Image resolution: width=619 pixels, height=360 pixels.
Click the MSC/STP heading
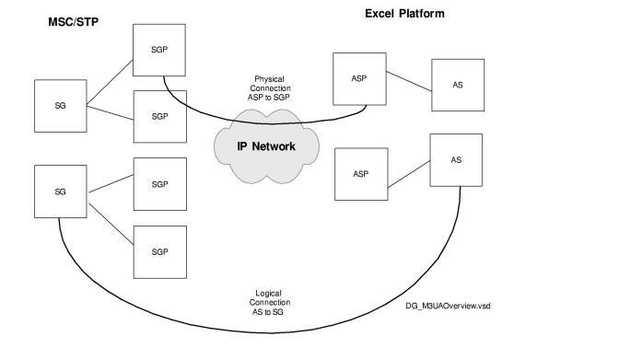click(75, 21)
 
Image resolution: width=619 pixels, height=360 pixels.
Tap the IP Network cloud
click(266, 146)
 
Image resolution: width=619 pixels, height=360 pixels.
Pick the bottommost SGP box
click(160, 250)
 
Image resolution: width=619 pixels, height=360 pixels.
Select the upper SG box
click(60, 105)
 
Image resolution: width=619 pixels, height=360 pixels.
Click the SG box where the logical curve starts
click(60, 192)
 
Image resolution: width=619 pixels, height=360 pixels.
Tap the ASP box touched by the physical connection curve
click(359, 78)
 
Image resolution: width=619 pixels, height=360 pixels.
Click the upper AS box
click(458, 86)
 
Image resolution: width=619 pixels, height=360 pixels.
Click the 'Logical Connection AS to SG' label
click(270, 302)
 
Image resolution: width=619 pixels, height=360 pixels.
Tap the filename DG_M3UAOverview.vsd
click(448, 305)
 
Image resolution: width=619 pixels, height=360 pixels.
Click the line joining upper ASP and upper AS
click(408, 82)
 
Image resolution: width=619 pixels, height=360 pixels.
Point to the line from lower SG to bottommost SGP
click(111, 218)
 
